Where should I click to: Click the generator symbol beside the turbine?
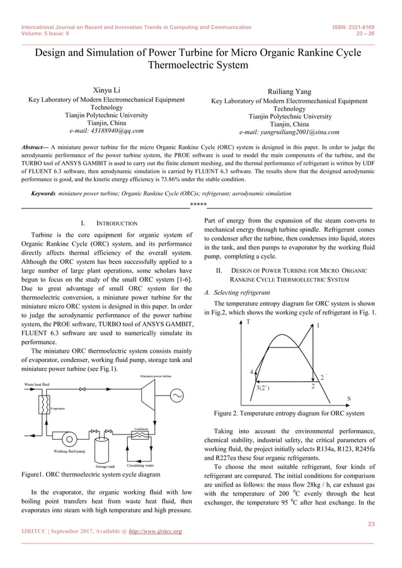pos(176,395)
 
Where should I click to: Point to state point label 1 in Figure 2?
pos(318,326)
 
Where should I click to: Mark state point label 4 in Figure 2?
pos(251,372)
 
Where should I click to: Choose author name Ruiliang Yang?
pos(289,91)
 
